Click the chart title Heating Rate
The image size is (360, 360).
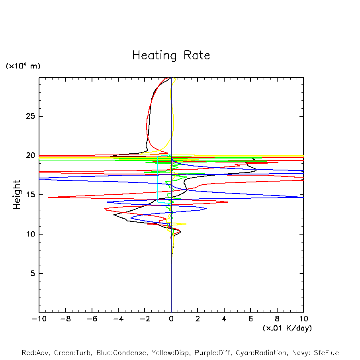171,55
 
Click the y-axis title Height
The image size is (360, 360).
17,195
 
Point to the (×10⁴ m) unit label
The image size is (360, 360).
23,66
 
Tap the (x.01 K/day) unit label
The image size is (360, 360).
287,328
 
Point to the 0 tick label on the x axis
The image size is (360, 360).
171,319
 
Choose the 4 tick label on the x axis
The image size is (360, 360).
224,319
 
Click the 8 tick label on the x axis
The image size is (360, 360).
277,319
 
